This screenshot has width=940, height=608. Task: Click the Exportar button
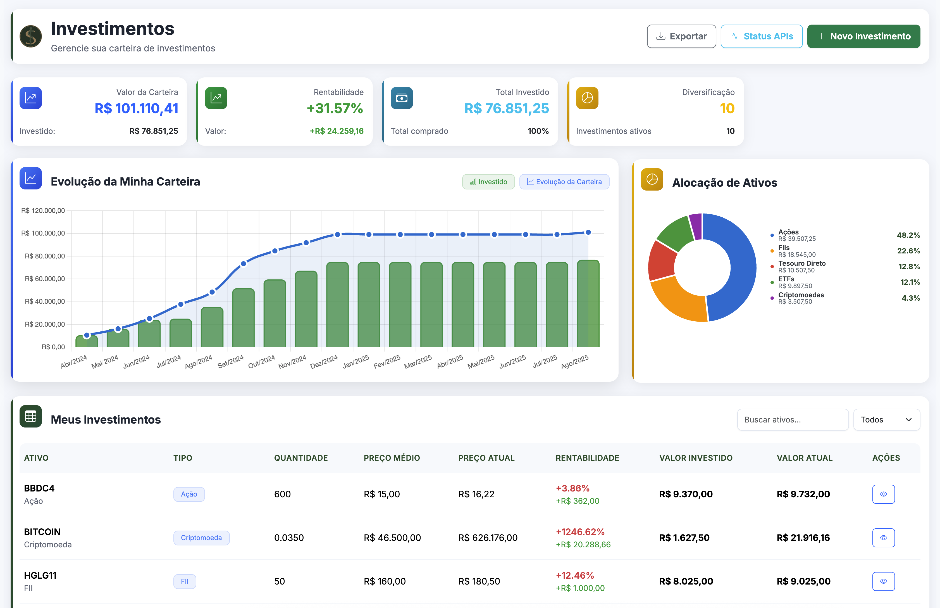pyautogui.click(x=681, y=36)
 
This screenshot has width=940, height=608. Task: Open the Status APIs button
pyautogui.click(x=761, y=36)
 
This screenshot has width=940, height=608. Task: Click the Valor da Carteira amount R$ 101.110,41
pyautogui.click(x=136, y=108)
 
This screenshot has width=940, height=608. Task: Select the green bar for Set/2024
pyautogui.click(x=244, y=318)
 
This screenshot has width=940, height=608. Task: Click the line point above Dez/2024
pyautogui.click(x=337, y=234)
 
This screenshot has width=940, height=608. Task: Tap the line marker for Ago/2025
pyautogui.click(x=588, y=232)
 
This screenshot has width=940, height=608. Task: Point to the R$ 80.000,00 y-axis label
pyautogui.click(x=45, y=256)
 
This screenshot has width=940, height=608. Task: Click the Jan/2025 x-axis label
pyautogui.click(x=356, y=361)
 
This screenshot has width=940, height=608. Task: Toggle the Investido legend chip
pyautogui.click(x=488, y=182)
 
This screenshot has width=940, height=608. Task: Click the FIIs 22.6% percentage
pyautogui.click(x=908, y=251)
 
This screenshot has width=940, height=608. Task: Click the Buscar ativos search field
pyautogui.click(x=793, y=420)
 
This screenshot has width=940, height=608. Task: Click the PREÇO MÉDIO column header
pyautogui.click(x=392, y=458)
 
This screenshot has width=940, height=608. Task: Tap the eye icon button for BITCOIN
pyautogui.click(x=883, y=538)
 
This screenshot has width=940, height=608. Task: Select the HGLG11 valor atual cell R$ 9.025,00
pyautogui.click(x=803, y=581)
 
